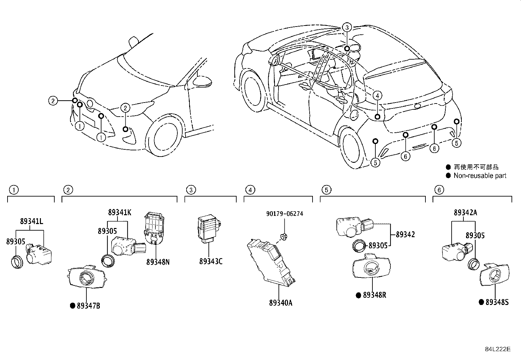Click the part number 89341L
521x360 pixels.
31,221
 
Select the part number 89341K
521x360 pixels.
119,212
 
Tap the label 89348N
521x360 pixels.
158,262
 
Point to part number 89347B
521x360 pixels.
88,306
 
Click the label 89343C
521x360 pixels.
211,261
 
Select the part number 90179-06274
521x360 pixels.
284,214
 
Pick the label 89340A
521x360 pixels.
281,303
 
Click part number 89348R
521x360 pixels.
374,295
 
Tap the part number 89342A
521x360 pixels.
465,213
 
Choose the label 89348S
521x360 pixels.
497,302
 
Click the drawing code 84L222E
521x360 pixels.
497,349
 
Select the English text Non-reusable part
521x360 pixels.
480,176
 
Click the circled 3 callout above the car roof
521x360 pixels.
347,28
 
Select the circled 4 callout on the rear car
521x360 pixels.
377,96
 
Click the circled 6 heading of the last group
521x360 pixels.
439,190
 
